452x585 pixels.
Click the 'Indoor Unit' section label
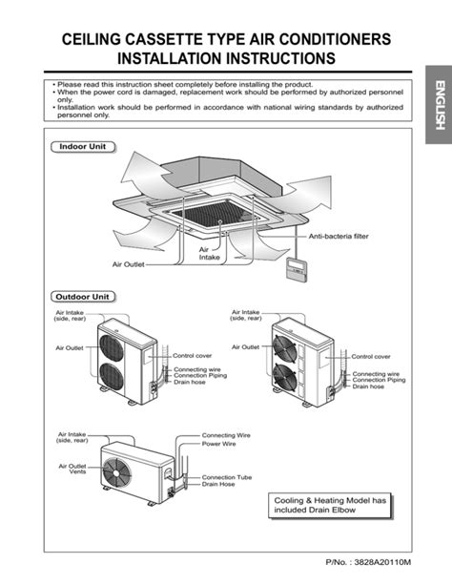click(x=82, y=148)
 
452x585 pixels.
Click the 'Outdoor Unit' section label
click(x=86, y=297)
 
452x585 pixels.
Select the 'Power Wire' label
click(x=218, y=444)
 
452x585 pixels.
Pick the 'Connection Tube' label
click(x=226, y=476)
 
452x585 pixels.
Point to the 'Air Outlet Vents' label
click(x=72, y=469)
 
